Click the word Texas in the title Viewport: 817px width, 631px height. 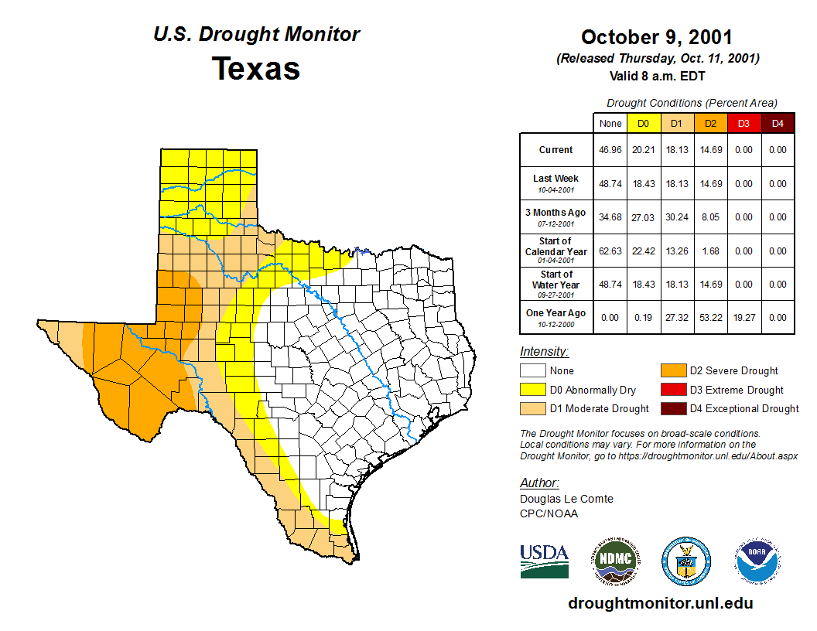256,68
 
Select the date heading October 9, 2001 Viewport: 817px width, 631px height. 656,37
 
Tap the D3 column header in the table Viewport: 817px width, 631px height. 744,123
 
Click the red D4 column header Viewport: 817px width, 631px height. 778,123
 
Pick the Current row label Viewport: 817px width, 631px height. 555,150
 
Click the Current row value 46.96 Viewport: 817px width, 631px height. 610,150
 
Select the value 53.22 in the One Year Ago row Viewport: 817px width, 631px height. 710,318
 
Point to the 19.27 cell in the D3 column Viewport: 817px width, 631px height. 744,318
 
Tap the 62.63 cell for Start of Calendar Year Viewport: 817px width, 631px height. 610,251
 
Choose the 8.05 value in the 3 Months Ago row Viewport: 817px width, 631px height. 710,217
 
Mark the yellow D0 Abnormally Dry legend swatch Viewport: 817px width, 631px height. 532,390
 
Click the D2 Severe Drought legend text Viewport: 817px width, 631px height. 733,371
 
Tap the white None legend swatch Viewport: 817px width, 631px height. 532,371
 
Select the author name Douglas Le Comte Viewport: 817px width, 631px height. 566,499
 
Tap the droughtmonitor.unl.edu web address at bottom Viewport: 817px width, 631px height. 660,603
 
